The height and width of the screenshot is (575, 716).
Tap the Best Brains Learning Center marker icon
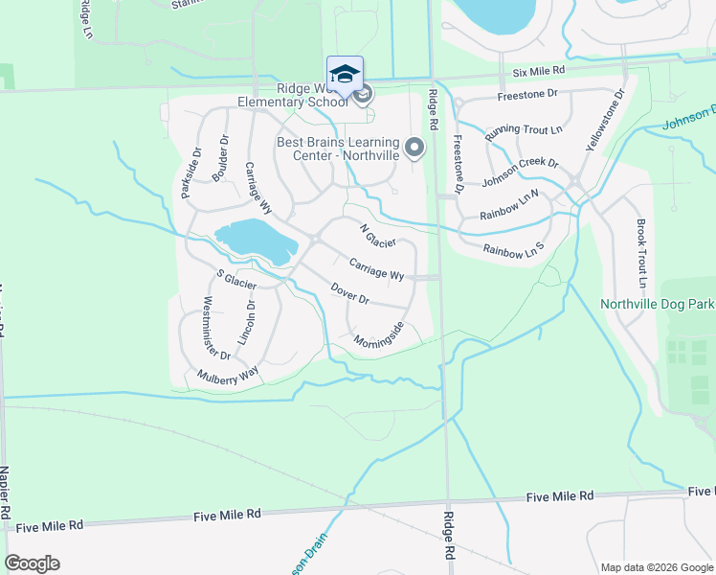click(414, 147)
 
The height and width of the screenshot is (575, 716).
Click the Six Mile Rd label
click(539, 71)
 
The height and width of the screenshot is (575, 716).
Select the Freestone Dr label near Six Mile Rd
click(527, 95)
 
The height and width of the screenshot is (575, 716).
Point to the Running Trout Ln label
click(524, 133)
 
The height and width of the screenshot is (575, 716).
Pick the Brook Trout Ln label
click(641, 254)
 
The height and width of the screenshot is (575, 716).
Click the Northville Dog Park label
click(658, 305)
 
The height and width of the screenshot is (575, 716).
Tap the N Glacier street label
click(377, 235)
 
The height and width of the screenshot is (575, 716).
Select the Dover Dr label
click(349, 293)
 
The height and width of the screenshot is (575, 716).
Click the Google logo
click(32, 563)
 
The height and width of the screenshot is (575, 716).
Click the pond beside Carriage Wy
click(254, 239)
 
